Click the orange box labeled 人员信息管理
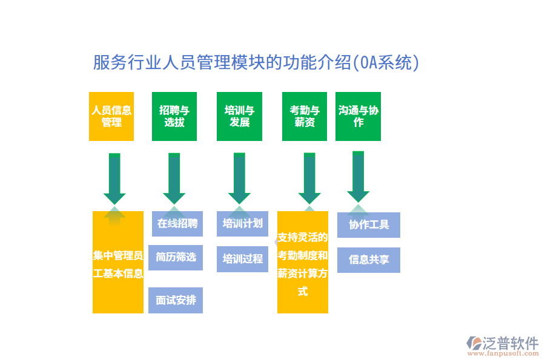coord(111,116)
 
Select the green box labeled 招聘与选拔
coord(174,116)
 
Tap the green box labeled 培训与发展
coord(239,116)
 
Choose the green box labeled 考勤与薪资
coord(305,116)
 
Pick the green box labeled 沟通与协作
coord(358,116)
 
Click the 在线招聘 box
coord(177,223)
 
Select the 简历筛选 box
coord(176,257)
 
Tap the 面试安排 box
coord(176,300)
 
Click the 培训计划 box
coord(242,223)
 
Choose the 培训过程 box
coord(242,259)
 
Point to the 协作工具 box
coord(368,225)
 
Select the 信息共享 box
coord(368,260)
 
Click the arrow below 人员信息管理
coord(114,177)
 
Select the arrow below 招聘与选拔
coord(174,177)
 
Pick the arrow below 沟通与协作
coord(358,175)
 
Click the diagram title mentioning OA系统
coord(256,62)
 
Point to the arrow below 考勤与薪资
coord(309,177)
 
